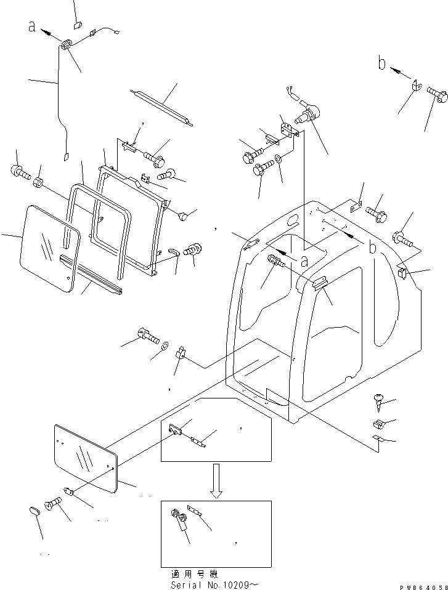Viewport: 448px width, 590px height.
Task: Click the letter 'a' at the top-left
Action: coord(31,26)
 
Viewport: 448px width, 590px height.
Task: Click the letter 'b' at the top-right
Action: coord(382,62)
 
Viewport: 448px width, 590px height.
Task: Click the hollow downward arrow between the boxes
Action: coord(215,480)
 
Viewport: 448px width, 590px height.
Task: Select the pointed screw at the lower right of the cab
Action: coord(380,400)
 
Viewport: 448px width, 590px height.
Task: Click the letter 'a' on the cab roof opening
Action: coord(303,261)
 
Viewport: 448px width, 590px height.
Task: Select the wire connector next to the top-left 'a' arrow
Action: coord(67,45)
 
